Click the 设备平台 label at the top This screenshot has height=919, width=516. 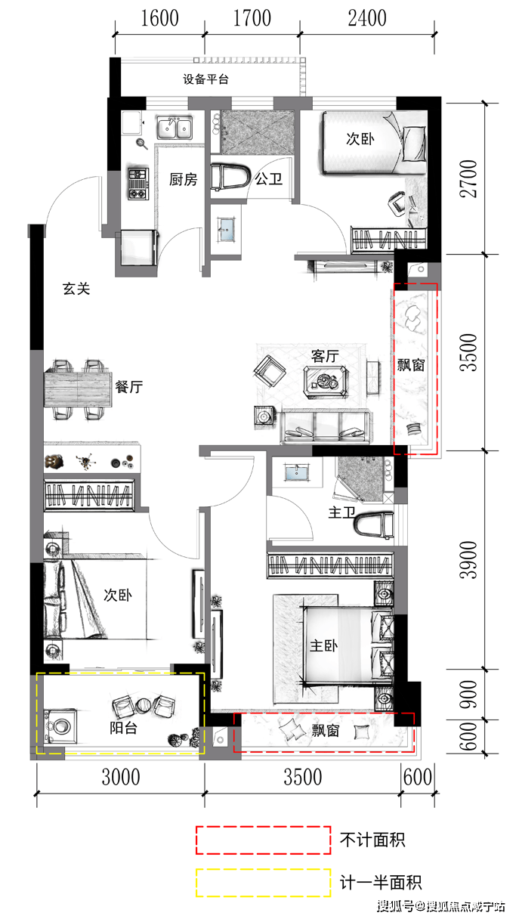[x=205, y=79]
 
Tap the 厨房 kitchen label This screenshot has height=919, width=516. [x=184, y=179]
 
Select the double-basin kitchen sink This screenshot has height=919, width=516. [x=175, y=128]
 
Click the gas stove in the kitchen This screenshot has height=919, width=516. [x=137, y=184]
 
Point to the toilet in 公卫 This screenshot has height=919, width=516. [x=230, y=177]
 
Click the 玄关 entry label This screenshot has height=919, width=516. [x=76, y=289]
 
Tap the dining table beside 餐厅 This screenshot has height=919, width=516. [x=78, y=389]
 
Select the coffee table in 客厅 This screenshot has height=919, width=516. [x=326, y=382]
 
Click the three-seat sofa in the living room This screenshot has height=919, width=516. [x=326, y=427]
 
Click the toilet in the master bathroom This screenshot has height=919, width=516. [x=374, y=524]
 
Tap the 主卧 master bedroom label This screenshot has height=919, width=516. [x=323, y=645]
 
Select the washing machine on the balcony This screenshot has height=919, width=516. [x=60, y=726]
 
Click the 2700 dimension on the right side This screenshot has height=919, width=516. [x=468, y=179]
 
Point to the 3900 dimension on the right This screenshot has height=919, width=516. [x=468, y=560]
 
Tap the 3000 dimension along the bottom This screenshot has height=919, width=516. [x=121, y=777]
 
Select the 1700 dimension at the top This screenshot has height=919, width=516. [x=252, y=18]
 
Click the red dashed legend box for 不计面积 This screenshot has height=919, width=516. [x=264, y=840]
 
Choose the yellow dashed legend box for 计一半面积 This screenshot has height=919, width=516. [x=264, y=883]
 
